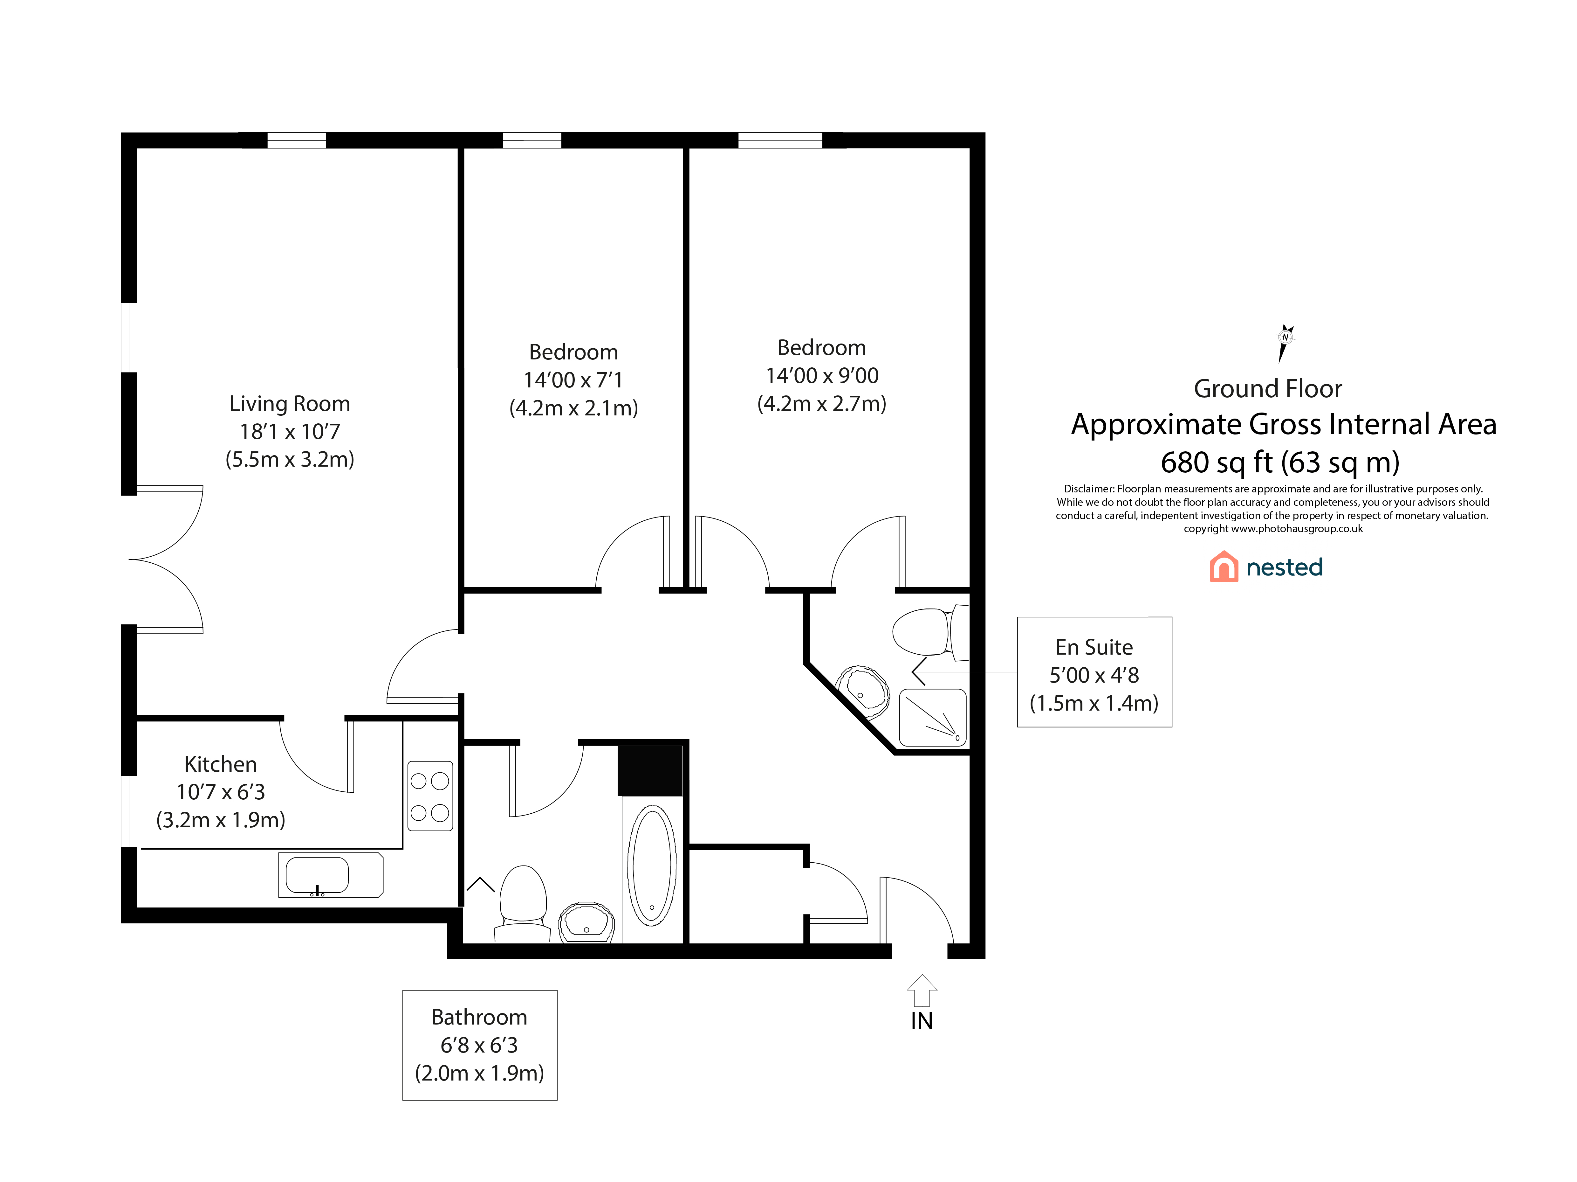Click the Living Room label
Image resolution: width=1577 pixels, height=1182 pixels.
coord(290,404)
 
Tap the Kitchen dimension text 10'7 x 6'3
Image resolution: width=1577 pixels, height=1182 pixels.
coord(221,792)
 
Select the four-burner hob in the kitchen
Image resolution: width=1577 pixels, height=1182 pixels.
coord(430,796)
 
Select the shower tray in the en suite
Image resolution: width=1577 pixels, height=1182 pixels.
coord(933,717)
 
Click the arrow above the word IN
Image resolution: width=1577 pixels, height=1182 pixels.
coord(922,991)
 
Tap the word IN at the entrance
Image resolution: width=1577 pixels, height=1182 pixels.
coord(922,1021)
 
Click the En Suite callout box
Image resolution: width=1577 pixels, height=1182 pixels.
coord(1094,672)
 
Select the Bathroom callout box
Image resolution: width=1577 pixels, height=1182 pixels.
coord(480,1045)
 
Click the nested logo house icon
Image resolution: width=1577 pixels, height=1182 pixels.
coord(1224,567)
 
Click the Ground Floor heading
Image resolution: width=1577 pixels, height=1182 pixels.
coord(1268,389)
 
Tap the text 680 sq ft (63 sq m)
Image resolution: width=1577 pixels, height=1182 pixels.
coord(1280,462)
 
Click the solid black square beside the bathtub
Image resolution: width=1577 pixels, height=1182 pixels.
coord(650,770)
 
